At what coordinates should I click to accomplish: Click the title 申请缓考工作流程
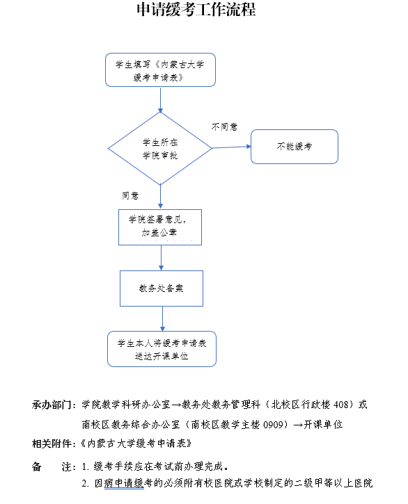click(196, 9)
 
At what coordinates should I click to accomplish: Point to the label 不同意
click(224, 127)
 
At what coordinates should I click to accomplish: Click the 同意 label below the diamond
click(130, 195)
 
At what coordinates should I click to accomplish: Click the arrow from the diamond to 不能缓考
click(232, 147)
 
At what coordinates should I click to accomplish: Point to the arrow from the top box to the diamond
click(160, 99)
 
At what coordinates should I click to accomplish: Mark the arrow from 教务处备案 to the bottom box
click(162, 319)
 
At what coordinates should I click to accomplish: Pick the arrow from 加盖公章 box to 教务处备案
click(161, 258)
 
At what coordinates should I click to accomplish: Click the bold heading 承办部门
click(52, 405)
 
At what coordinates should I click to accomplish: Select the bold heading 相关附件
click(52, 444)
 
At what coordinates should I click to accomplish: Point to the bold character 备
click(37, 466)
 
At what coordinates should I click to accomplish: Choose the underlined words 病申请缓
click(124, 483)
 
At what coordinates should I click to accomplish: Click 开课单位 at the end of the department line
click(323, 425)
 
